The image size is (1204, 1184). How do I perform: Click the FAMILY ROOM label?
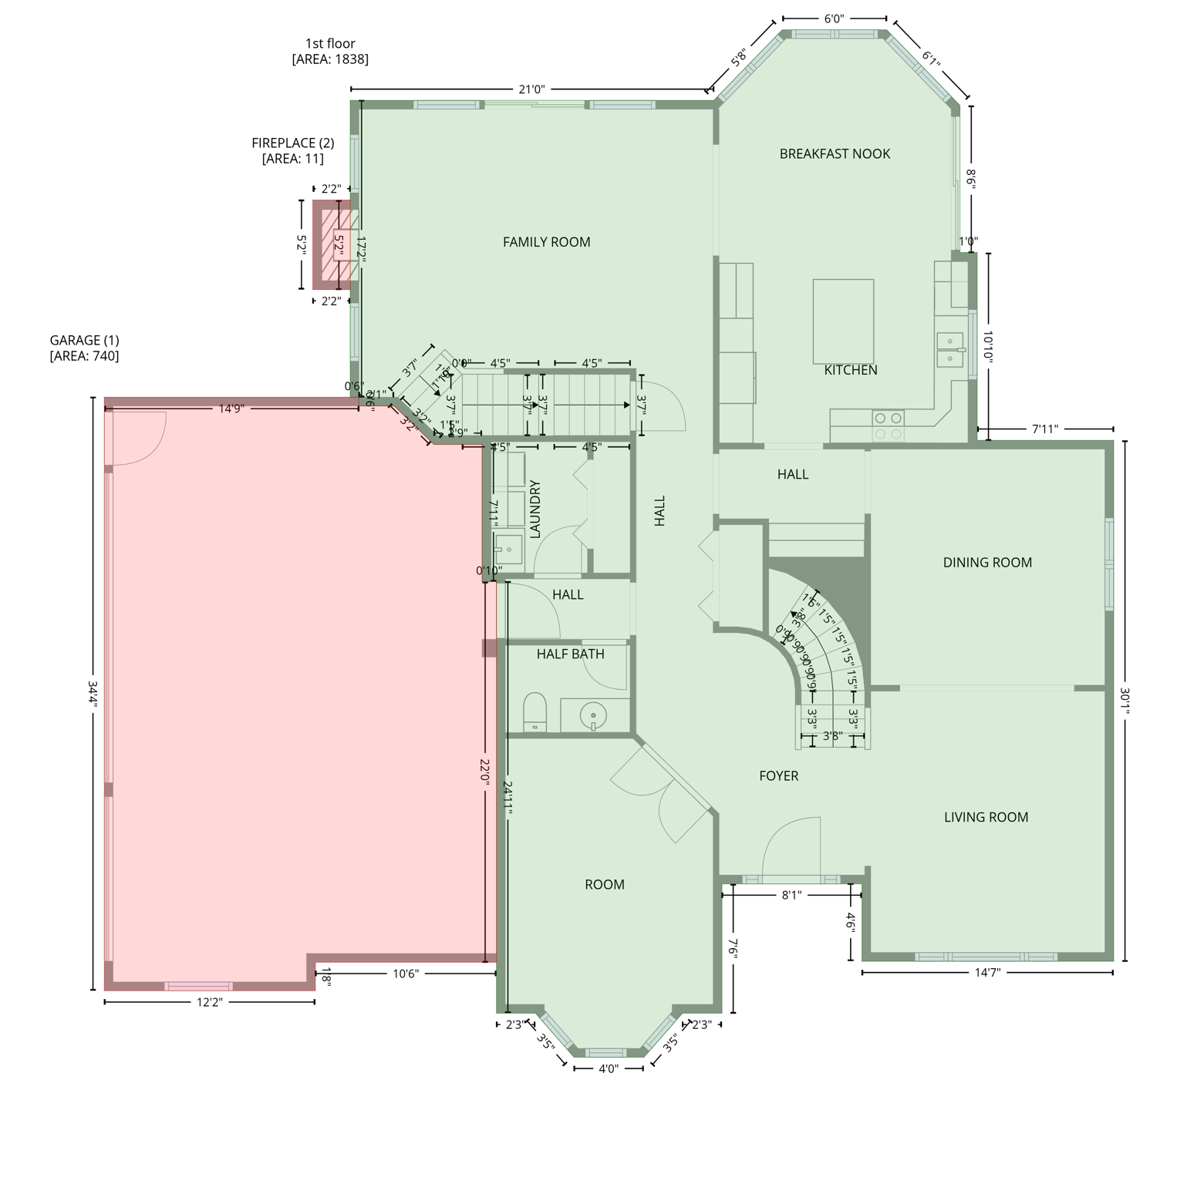[546, 242]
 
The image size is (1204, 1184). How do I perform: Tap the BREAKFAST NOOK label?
[835, 154]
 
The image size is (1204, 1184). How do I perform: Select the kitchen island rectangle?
[843, 321]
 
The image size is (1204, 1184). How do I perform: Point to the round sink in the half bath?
[593, 715]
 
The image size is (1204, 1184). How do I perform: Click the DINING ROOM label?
[987, 563]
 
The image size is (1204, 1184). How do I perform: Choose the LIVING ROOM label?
[986, 817]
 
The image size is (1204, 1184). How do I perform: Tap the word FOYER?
[778, 776]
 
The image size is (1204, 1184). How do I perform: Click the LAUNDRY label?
[535, 509]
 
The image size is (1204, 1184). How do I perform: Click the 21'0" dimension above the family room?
[531, 89]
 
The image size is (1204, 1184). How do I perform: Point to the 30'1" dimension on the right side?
[1125, 701]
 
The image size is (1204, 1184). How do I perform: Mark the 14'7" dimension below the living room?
[987, 973]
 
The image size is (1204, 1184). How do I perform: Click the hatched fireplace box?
[336, 245]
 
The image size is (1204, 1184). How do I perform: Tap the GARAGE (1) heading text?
[84, 340]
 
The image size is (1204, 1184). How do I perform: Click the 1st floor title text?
[330, 44]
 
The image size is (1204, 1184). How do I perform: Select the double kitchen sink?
[950, 350]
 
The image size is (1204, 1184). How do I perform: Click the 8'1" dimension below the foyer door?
[791, 895]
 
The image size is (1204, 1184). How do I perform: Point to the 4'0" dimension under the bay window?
[609, 1068]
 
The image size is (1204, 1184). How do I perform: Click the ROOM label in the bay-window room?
[604, 885]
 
